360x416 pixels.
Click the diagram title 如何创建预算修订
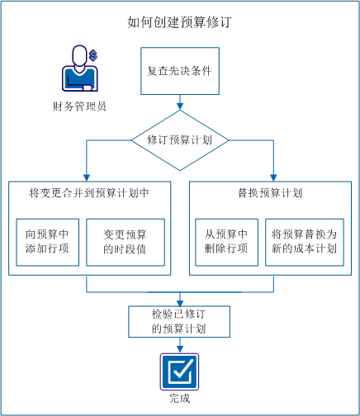tap(179, 22)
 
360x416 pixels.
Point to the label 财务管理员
tap(78, 106)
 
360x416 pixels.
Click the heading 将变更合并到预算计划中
tap(88, 194)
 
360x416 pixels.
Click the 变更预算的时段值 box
tap(125, 242)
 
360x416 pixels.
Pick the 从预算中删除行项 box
tap(226, 242)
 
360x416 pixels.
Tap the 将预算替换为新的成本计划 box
tap(303, 242)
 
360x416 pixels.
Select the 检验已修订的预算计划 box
tap(179, 322)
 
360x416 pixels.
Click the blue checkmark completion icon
tap(179, 371)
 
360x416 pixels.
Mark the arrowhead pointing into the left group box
tap(87, 176)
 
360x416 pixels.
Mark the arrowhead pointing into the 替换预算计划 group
tap(273, 176)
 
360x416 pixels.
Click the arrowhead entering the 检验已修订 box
tap(179, 301)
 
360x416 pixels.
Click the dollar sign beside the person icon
tap(94, 55)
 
